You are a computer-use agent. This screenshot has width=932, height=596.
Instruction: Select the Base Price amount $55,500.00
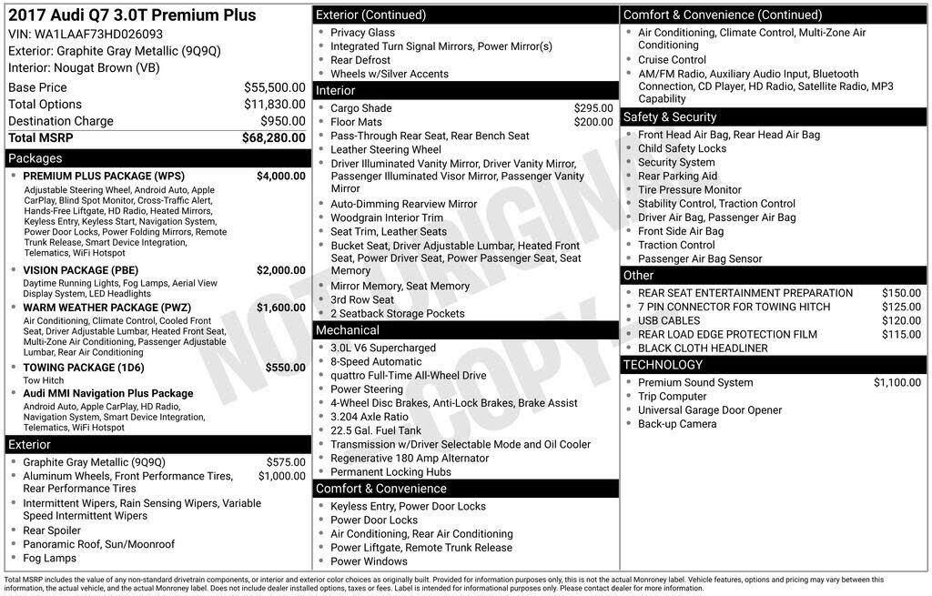pos(274,87)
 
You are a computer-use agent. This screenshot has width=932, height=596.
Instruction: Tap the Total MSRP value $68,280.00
pos(273,137)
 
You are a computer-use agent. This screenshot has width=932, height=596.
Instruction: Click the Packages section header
pos(35,158)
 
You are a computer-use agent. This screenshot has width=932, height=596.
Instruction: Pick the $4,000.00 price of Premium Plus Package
pos(280,176)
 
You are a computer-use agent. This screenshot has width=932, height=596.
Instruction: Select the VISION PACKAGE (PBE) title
pos(81,270)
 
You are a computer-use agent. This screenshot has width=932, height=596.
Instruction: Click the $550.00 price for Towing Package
pos(286,368)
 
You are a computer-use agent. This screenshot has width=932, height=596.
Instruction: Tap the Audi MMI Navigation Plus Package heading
pos(108,393)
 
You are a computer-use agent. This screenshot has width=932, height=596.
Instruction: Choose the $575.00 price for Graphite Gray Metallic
pos(286,462)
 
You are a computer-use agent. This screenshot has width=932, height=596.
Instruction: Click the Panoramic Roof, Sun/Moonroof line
pos(98,544)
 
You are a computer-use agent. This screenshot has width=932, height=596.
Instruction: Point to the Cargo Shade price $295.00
pos(593,108)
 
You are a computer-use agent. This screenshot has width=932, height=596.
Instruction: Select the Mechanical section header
pos(348,329)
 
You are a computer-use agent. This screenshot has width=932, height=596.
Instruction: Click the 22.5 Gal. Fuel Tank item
pos(376,430)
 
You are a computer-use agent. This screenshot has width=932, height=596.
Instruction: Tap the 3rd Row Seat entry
pos(362,299)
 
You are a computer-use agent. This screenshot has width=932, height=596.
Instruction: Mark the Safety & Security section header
pos(670,116)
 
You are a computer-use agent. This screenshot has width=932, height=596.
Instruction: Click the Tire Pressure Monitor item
pos(690,189)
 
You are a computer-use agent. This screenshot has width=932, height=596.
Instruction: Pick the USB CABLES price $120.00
pos(901,320)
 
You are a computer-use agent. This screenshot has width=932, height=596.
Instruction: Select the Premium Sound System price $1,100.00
pos(897,382)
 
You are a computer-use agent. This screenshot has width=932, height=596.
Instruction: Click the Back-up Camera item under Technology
pos(677,424)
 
